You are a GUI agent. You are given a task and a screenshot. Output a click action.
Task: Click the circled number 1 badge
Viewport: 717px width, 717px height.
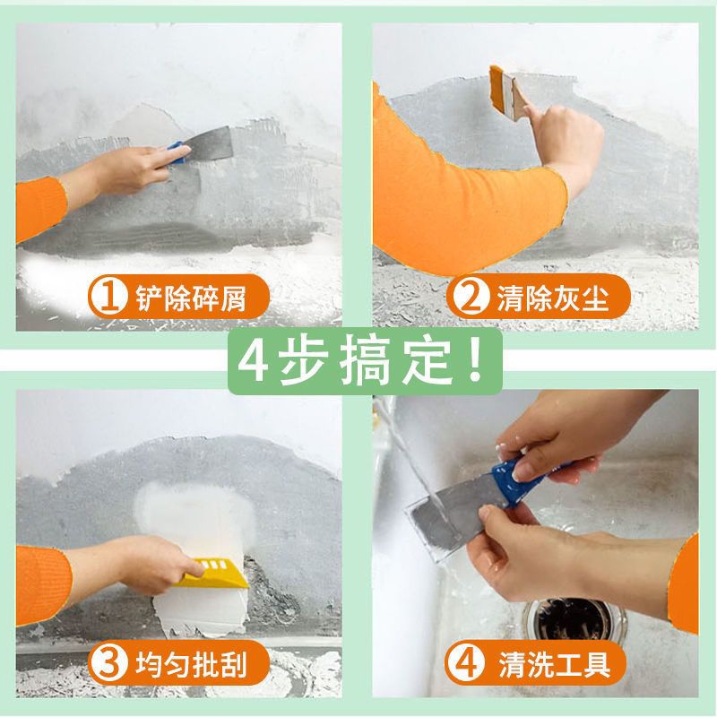click(108, 298)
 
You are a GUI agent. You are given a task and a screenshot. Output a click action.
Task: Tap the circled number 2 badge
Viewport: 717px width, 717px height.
click(468, 298)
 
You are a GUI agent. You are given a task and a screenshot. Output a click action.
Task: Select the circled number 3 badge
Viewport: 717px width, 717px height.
click(108, 663)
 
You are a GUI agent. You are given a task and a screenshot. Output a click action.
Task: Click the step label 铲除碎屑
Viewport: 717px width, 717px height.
click(191, 298)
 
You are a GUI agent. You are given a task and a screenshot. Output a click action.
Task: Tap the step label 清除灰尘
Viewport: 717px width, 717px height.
click(552, 298)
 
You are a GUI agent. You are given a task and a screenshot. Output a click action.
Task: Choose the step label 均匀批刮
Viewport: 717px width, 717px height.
click(191, 664)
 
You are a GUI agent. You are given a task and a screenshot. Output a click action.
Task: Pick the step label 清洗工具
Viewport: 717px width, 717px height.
click(554, 664)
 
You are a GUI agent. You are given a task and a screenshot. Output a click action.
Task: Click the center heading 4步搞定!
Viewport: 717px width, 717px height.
click(361, 362)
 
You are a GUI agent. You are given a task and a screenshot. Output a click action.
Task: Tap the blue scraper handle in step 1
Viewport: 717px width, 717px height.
click(178, 151)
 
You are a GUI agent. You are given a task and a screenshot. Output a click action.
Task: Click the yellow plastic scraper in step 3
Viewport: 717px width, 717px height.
click(213, 573)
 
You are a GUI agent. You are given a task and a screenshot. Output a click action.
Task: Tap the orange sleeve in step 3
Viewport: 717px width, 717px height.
click(43, 585)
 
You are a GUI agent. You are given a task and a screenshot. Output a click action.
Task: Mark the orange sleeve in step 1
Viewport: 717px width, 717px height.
click(40, 208)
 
